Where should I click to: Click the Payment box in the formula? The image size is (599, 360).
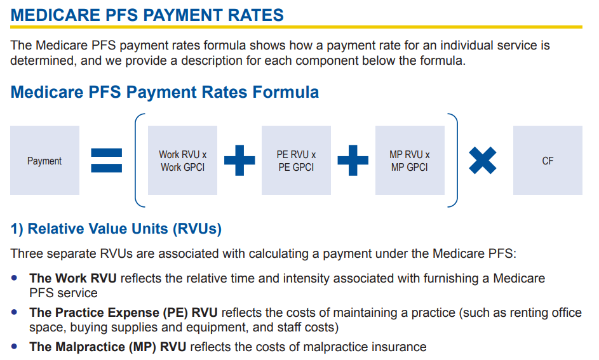(x=44, y=161)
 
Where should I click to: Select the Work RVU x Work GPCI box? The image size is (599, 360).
(x=182, y=161)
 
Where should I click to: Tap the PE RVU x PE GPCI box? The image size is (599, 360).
(x=296, y=161)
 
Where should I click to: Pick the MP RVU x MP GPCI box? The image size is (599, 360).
(x=410, y=161)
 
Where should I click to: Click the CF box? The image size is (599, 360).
(x=548, y=161)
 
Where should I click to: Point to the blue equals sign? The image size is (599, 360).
(x=107, y=161)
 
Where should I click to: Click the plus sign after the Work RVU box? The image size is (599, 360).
(x=239, y=161)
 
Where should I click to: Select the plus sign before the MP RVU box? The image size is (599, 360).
(x=353, y=161)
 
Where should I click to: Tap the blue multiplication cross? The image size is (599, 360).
(x=483, y=161)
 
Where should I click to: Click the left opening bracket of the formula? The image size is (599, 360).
(x=135, y=161)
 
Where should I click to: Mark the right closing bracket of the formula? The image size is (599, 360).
(x=457, y=161)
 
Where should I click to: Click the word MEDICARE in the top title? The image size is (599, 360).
(x=55, y=15)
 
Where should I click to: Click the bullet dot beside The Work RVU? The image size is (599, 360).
(x=15, y=278)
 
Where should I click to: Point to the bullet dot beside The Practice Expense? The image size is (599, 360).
(x=15, y=312)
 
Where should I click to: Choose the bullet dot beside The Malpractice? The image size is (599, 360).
(x=15, y=347)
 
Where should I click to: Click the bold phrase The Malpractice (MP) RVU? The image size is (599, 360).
(x=108, y=347)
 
